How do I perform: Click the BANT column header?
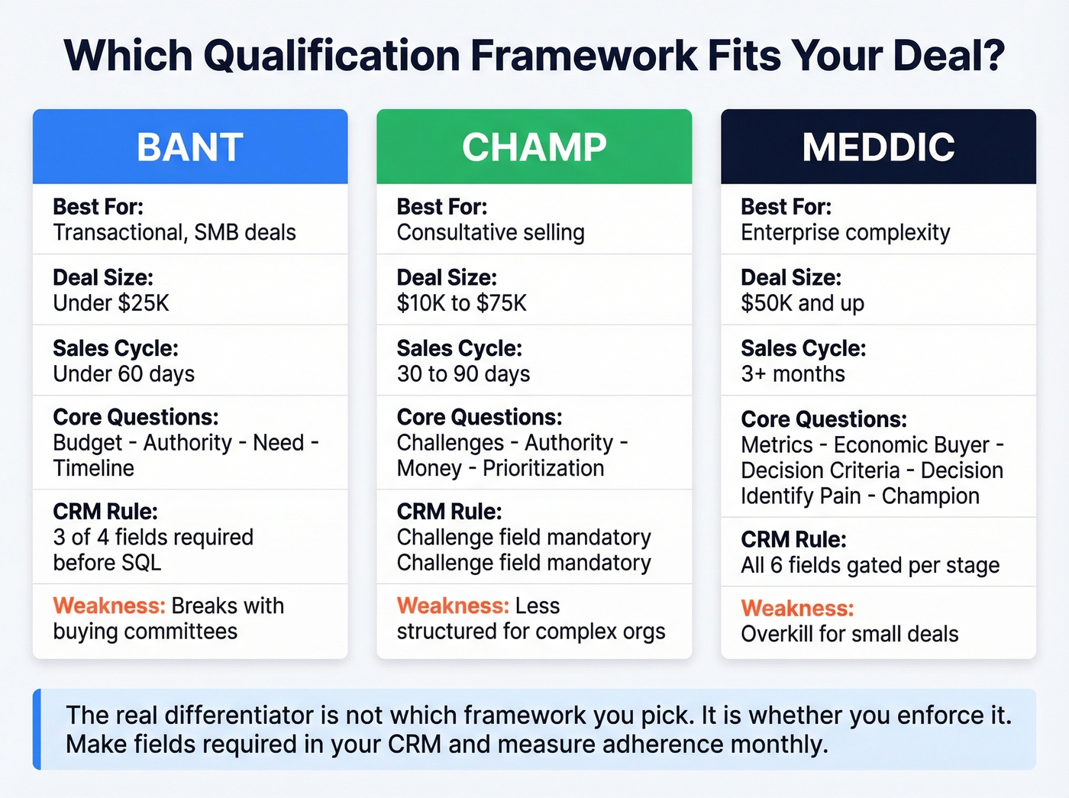point(190,147)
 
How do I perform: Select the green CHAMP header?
point(534,147)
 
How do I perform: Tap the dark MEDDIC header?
point(878,147)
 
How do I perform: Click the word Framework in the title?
point(583,56)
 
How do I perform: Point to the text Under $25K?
point(111,303)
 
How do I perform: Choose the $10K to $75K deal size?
point(462,303)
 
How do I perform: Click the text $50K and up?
point(803,303)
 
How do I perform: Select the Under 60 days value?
point(124,374)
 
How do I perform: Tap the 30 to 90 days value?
point(463,374)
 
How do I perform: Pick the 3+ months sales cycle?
point(793,374)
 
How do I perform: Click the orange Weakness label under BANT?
point(109,606)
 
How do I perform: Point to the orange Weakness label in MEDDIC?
point(797,609)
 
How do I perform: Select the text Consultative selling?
point(491,232)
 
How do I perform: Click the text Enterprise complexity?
point(845,232)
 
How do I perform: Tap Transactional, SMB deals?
point(175,232)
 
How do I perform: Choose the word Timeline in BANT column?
point(94,468)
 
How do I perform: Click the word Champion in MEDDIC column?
point(930,496)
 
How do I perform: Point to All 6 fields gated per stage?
point(870,565)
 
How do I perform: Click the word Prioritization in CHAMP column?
point(544,468)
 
